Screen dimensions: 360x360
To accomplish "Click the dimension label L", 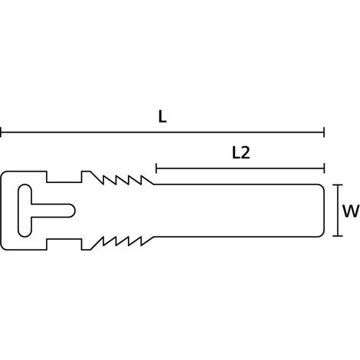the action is click(162, 117).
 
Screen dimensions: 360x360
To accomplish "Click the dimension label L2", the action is click(241, 153).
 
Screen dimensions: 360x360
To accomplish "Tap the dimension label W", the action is click(351, 211).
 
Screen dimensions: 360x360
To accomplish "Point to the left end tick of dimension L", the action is click(1, 133).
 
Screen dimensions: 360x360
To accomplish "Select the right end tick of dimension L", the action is click(324, 133).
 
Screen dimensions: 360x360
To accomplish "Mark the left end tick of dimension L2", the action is click(156, 169).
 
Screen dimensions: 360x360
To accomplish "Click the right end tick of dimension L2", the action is click(324, 169).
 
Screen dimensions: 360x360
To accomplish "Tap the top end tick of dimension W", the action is click(338, 185).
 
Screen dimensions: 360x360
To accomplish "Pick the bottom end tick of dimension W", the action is click(338, 236).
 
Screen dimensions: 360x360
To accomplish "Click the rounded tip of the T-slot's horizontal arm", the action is click(74, 211).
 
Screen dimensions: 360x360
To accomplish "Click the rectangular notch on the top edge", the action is click(64, 177).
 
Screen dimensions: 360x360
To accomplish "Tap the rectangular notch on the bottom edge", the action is click(64, 244).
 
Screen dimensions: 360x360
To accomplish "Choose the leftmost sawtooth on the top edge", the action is click(98, 178).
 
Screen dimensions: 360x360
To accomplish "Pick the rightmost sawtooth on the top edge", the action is click(147, 180).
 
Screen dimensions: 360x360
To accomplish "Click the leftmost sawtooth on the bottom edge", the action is click(98, 244).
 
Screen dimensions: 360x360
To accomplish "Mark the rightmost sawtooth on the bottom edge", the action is click(147, 241).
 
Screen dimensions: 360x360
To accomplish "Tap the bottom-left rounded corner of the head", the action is click(2, 247).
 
